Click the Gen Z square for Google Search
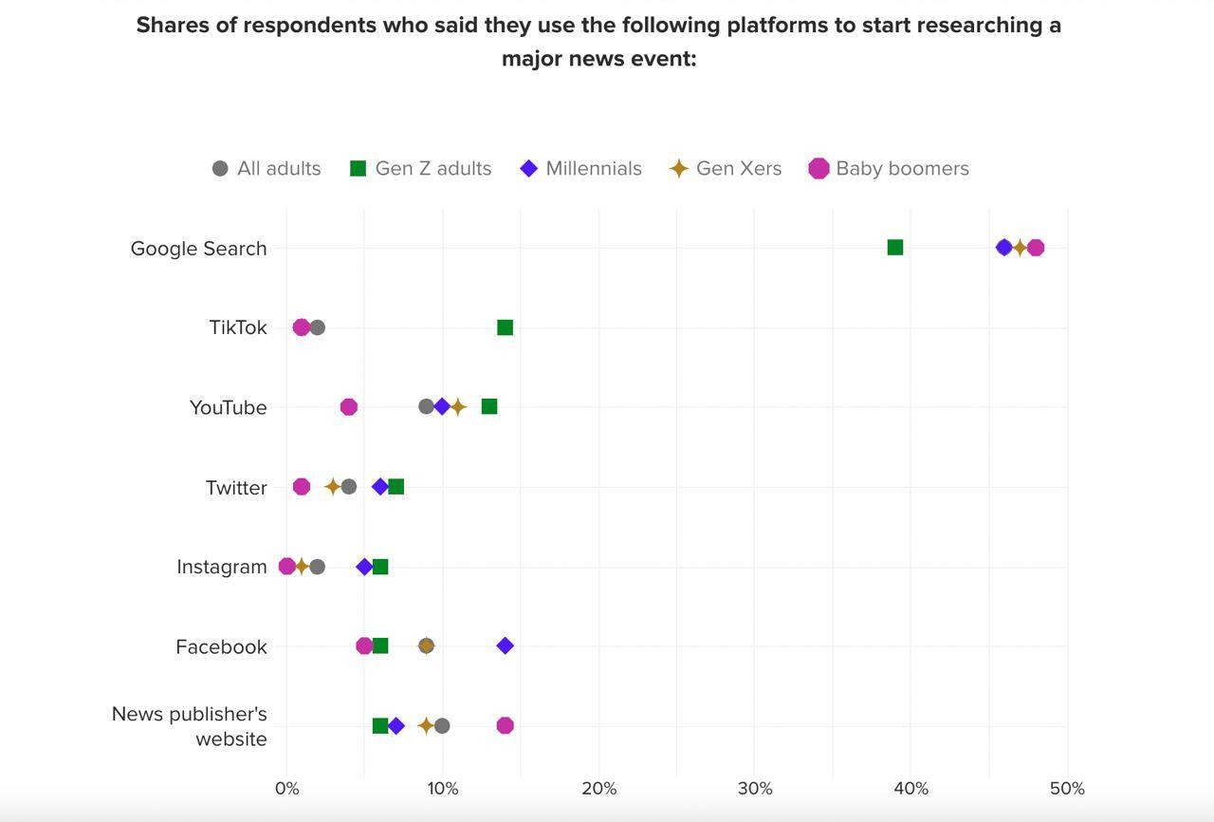tap(894, 248)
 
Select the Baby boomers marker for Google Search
tap(1036, 248)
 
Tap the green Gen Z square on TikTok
tap(505, 327)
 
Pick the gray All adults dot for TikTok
tap(317, 327)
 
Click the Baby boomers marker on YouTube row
tap(348, 407)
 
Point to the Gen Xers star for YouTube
tap(458, 407)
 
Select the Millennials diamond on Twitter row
tap(380, 487)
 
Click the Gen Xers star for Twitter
tap(332, 487)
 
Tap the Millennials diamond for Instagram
tap(364, 567)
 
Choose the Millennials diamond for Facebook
tap(505, 646)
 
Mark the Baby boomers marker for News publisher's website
tap(505, 725)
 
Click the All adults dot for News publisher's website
tap(442, 726)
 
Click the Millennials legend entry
tap(580, 169)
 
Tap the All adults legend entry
tap(267, 169)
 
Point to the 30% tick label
tap(755, 789)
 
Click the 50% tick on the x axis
tap(1067, 789)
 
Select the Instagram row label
tap(221, 567)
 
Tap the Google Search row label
tap(198, 249)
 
